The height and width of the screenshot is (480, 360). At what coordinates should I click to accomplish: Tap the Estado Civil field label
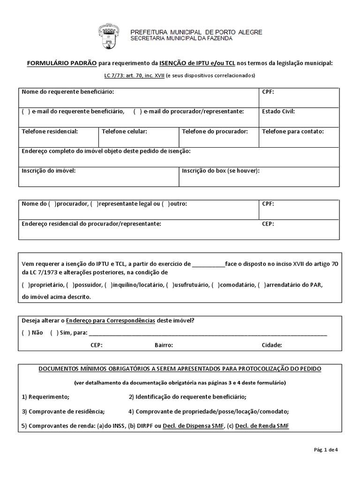coord(278,111)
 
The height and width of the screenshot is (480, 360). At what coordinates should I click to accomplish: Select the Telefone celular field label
coord(124,132)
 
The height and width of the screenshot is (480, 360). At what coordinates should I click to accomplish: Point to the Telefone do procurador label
coord(215,132)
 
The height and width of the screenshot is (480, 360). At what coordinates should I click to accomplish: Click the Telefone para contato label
coord(292,132)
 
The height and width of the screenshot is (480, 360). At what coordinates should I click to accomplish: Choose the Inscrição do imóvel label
coord(48,171)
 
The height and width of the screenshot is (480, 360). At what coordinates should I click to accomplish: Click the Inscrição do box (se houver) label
coord(220,171)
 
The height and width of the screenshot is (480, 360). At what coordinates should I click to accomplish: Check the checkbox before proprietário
coord(25,285)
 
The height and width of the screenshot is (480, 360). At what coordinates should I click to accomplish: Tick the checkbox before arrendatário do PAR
coord(265,285)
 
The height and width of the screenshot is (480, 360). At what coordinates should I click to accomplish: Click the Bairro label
coord(164,345)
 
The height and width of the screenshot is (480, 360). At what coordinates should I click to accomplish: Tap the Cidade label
coord(272,345)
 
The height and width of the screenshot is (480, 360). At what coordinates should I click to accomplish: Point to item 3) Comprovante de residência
coord(63,412)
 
